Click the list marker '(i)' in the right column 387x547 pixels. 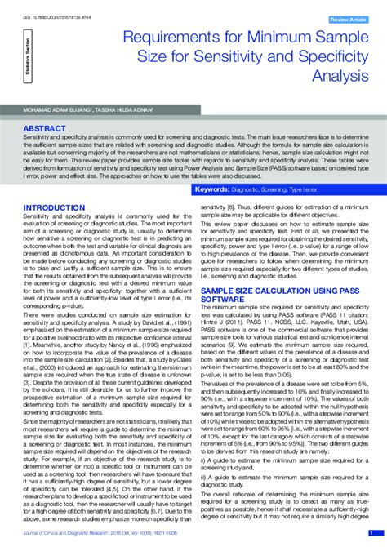tap(204, 460)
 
